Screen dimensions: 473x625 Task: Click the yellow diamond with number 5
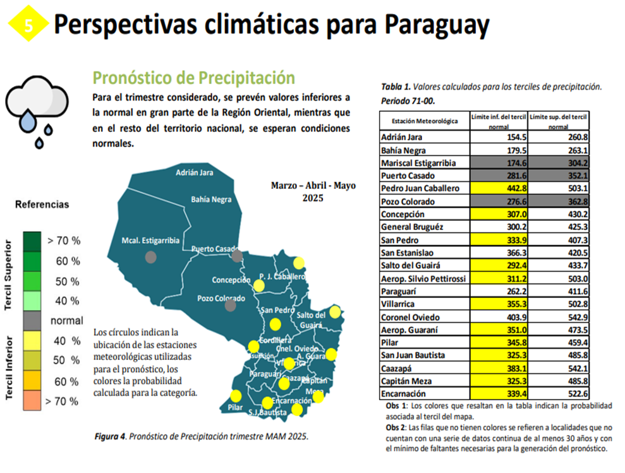point(27,25)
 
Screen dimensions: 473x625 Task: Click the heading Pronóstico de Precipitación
point(193,78)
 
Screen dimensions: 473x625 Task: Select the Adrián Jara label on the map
point(195,172)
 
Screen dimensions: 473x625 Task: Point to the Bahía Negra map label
point(212,200)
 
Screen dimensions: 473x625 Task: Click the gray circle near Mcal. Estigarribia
point(150,256)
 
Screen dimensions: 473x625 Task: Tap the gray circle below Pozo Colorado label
point(231,306)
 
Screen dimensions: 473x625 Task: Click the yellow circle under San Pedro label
point(275,325)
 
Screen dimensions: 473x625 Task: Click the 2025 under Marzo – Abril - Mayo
point(313,198)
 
